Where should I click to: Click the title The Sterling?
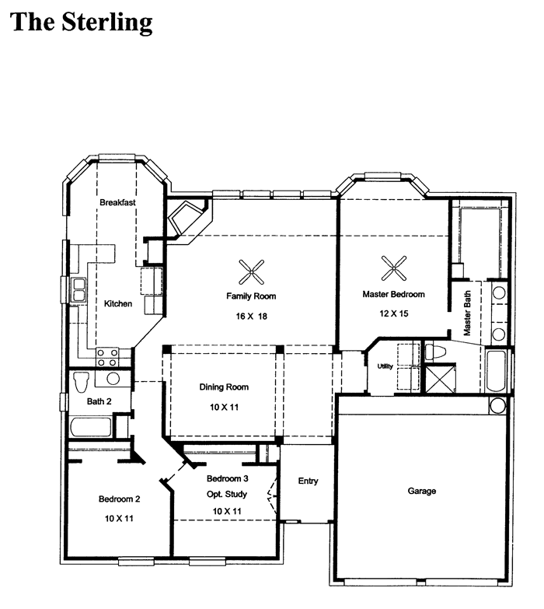(x=81, y=23)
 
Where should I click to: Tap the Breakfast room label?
(x=117, y=202)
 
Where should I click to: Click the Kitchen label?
(x=118, y=304)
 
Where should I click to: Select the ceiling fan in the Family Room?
(x=252, y=272)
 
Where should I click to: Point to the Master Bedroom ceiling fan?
(x=394, y=268)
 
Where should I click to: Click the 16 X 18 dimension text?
(x=252, y=316)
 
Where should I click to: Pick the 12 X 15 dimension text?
(x=394, y=313)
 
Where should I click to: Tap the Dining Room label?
(x=224, y=387)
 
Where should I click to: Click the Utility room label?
(x=385, y=366)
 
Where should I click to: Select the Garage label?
(x=422, y=491)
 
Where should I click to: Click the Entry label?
(x=308, y=481)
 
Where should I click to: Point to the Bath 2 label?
(x=99, y=401)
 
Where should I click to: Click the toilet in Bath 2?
(x=81, y=381)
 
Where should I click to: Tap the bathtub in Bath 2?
(x=91, y=428)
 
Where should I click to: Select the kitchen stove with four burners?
(x=107, y=357)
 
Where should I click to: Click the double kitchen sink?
(x=78, y=290)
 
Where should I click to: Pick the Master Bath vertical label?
(x=467, y=313)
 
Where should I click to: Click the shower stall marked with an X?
(x=441, y=379)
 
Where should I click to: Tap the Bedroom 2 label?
(x=119, y=499)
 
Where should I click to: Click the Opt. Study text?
(x=227, y=494)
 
